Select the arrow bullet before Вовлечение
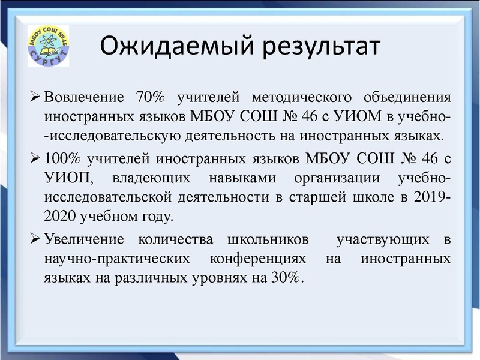click(35, 96)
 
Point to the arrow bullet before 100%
click(35, 159)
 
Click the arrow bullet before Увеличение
click(35, 239)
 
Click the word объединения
click(409, 97)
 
